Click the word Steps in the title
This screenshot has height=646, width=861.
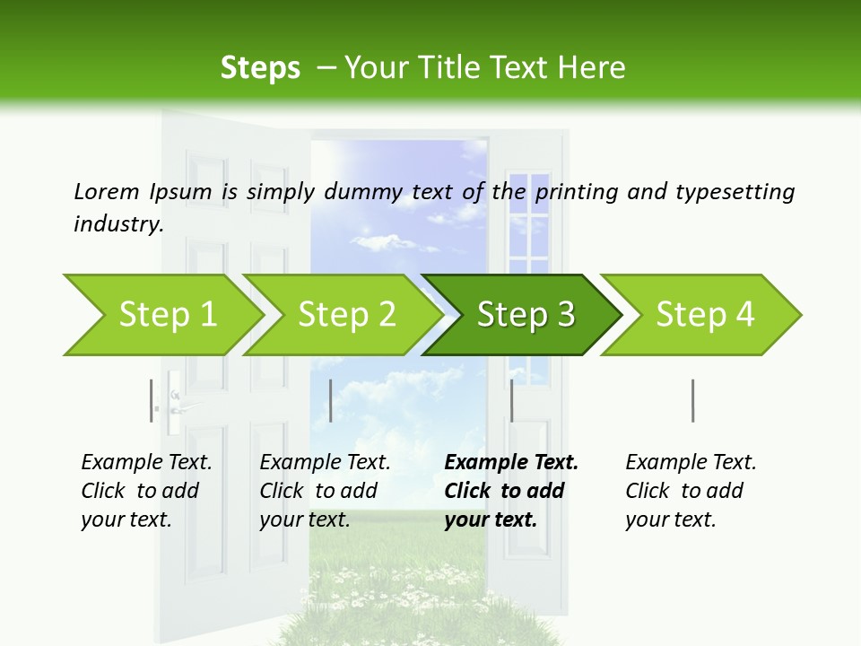pyautogui.click(x=260, y=68)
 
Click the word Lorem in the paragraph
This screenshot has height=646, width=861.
pyautogui.click(x=107, y=191)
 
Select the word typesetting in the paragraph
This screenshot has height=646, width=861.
pyautogui.click(x=735, y=192)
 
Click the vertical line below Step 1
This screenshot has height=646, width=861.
pyautogui.click(x=152, y=400)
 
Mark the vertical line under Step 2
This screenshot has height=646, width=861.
pyautogui.click(x=331, y=400)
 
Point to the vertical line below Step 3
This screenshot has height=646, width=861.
pyautogui.click(x=511, y=400)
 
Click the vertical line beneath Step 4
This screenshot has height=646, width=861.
pyautogui.click(x=692, y=400)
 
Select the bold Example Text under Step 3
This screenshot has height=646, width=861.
pyautogui.click(x=511, y=463)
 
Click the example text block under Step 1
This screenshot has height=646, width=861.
pyautogui.click(x=146, y=491)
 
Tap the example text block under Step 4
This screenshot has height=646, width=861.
pyautogui.click(x=691, y=491)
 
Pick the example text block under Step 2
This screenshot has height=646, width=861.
pyautogui.click(x=325, y=491)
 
